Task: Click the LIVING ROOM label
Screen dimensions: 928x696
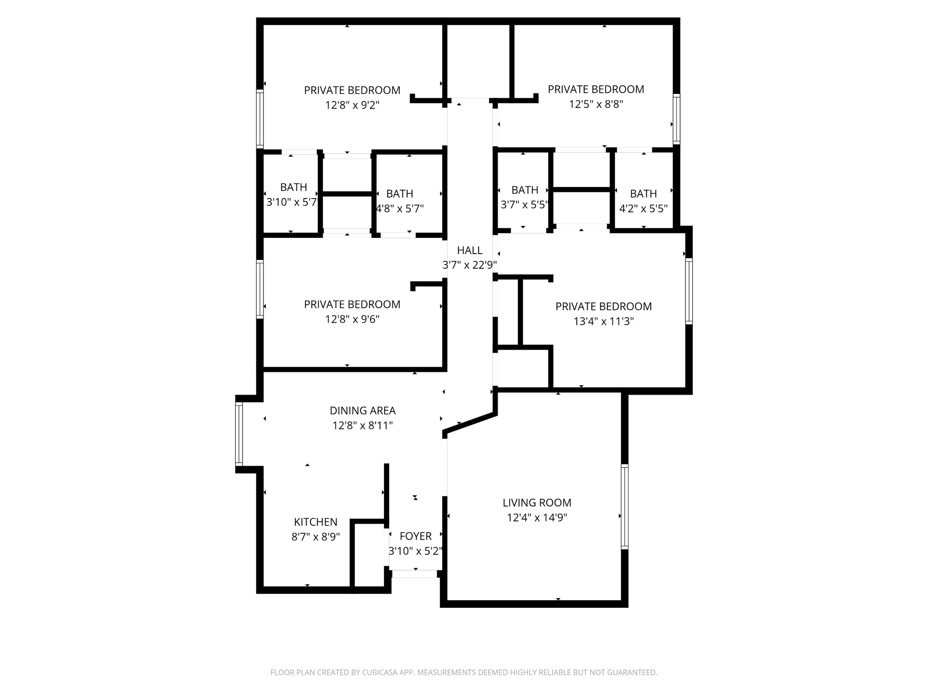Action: point(536,502)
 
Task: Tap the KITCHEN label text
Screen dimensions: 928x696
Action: point(315,522)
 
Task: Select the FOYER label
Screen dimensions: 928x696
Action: point(415,536)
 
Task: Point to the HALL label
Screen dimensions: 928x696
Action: point(469,250)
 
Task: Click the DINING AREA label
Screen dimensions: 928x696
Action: point(362,411)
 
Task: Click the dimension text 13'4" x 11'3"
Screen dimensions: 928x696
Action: point(603,322)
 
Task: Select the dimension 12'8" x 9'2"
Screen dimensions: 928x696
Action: point(352,105)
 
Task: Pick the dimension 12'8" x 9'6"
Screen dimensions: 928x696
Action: point(352,319)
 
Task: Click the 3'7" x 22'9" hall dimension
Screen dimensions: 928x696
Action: point(469,265)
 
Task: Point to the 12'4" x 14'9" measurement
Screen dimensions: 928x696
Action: point(536,518)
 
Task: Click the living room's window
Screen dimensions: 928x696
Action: point(624,506)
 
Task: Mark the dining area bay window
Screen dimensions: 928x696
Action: point(239,434)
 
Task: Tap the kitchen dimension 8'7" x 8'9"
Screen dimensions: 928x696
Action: point(315,537)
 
